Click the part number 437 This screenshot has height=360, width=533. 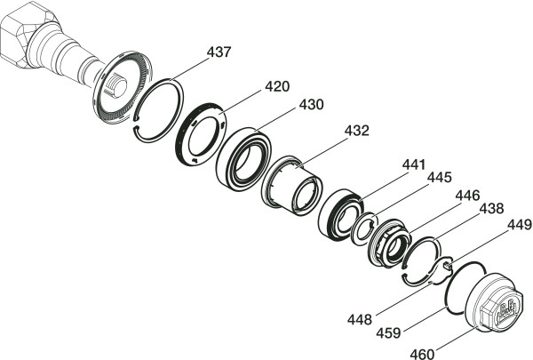pyautogui.click(x=219, y=52)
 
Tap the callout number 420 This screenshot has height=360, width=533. pyautogui.click(x=277, y=86)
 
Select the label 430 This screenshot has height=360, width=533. pyautogui.click(x=312, y=105)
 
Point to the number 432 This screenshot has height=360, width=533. pyautogui.click(x=356, y=131)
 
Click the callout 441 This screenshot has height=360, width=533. pyautogui.click(x=414, y=164)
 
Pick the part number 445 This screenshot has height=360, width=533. pyautogui.click(x=439, y=177)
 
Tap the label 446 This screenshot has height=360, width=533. pyautogui.click(x=467, y=196)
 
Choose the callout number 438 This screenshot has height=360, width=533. pyautogui.click(x=491, y=209)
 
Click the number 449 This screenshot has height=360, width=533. pyautogui.click(x=520, y=225)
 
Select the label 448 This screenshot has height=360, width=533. pyautogui.click(x=359, y=319)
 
